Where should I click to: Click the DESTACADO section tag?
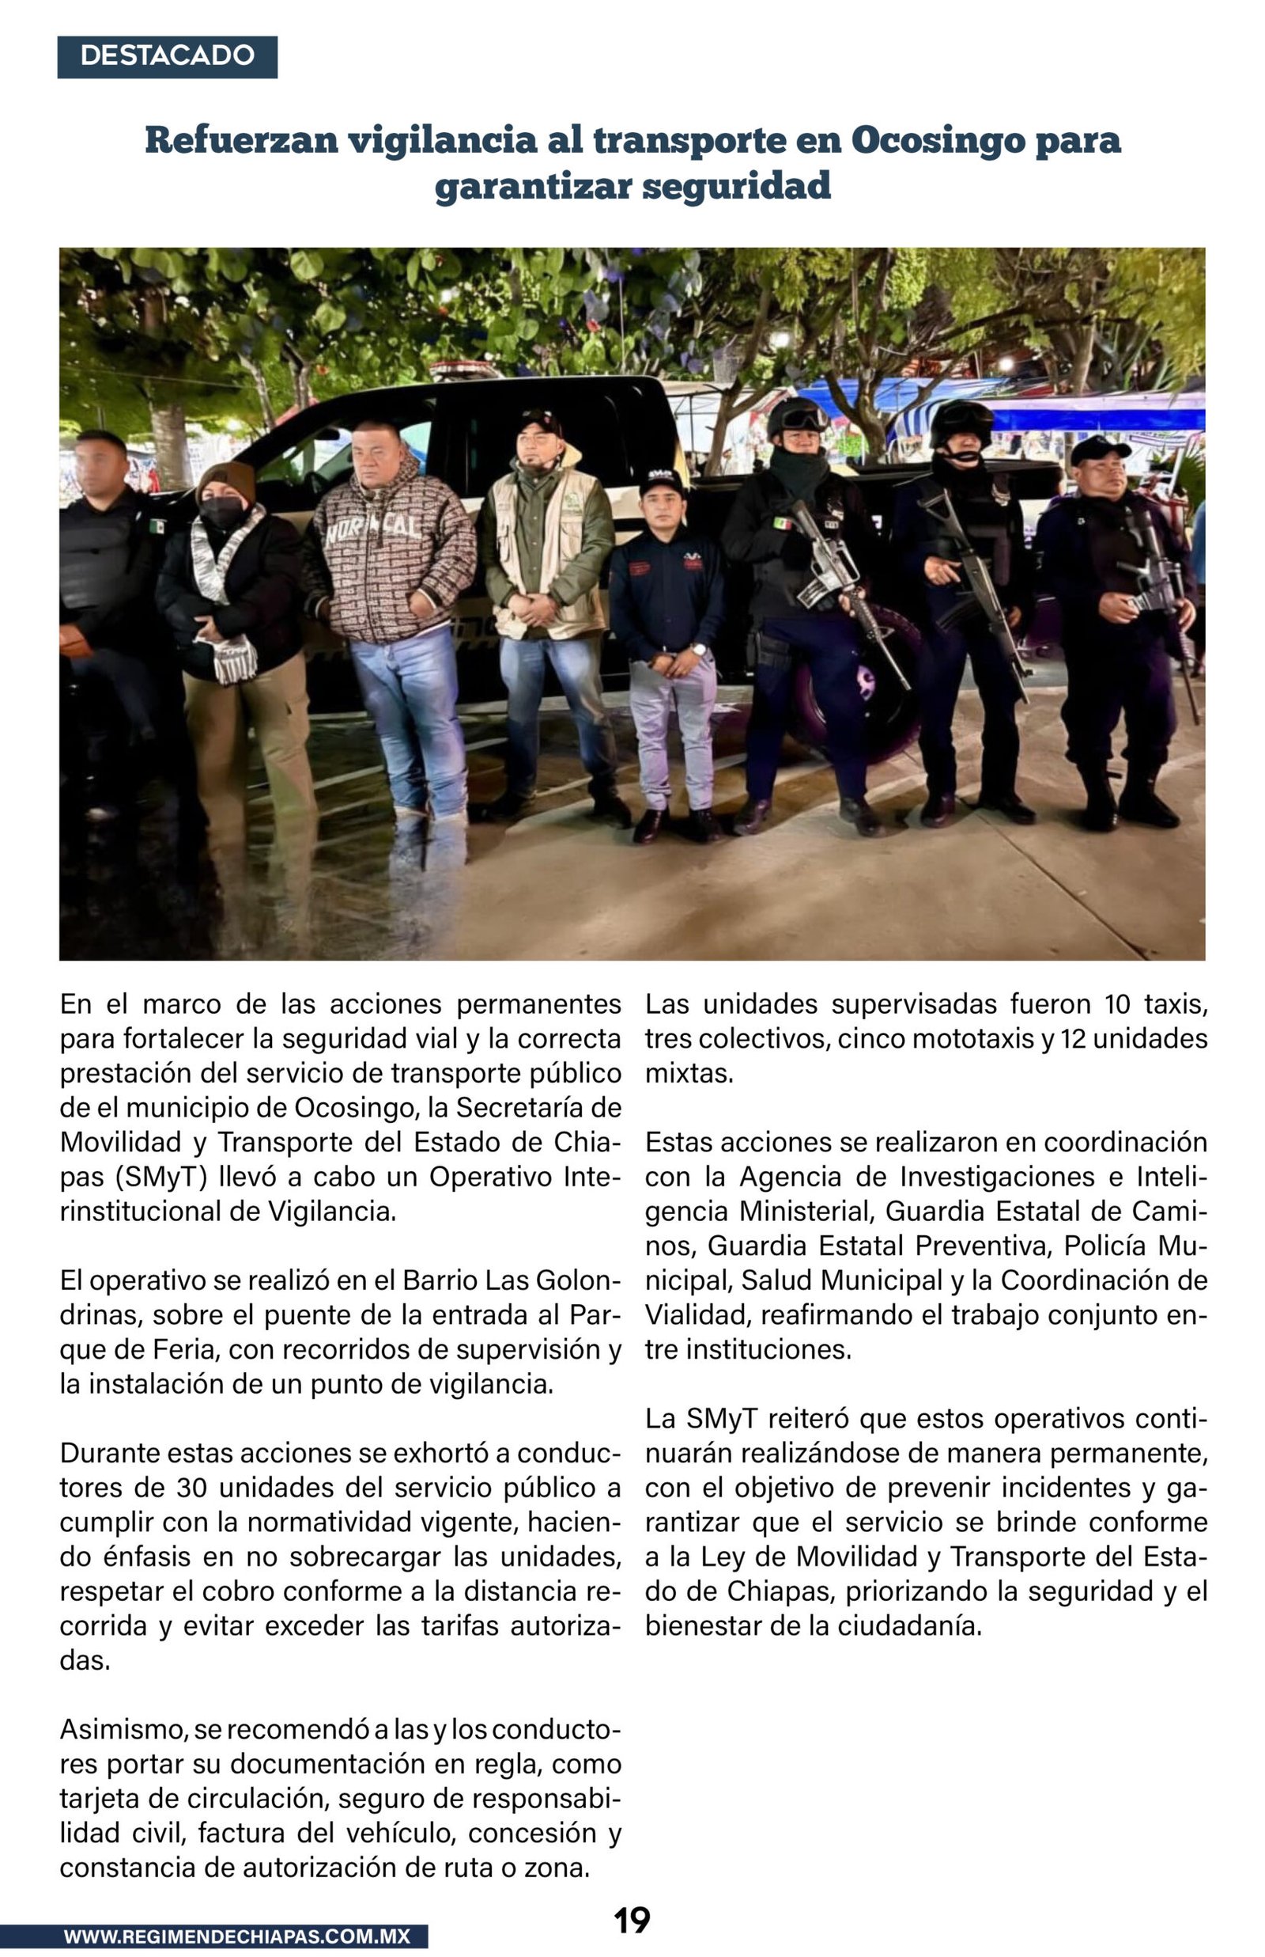point(167,57)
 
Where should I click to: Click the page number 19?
point(632,1920)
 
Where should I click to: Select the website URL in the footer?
point(236,1936)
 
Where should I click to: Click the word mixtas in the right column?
point(689,1073)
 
